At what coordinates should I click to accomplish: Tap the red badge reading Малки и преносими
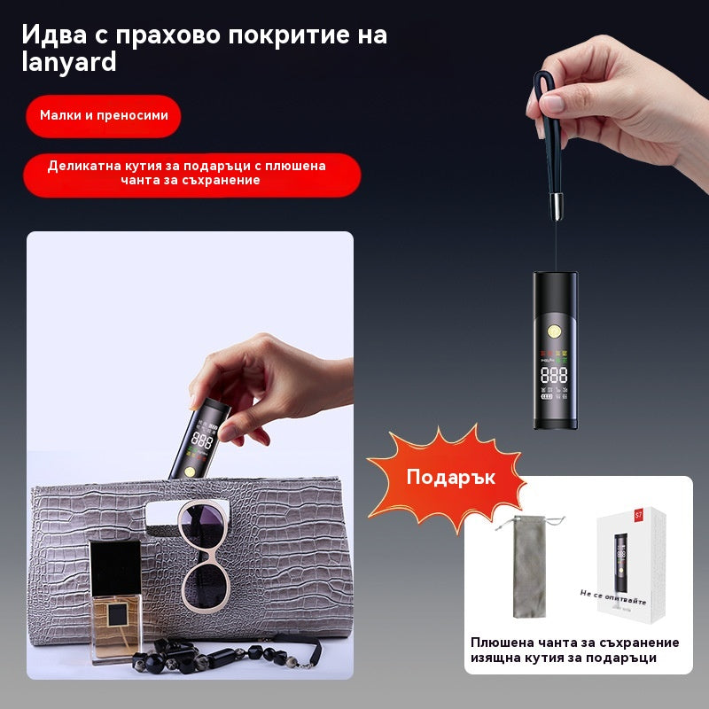(104, 115)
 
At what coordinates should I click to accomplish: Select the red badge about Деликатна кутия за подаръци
(191, 173)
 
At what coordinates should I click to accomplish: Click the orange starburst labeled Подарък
(450, 477)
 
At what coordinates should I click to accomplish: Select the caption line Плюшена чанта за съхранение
(575, 643)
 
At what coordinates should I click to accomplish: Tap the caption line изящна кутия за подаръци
(564, 658)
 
